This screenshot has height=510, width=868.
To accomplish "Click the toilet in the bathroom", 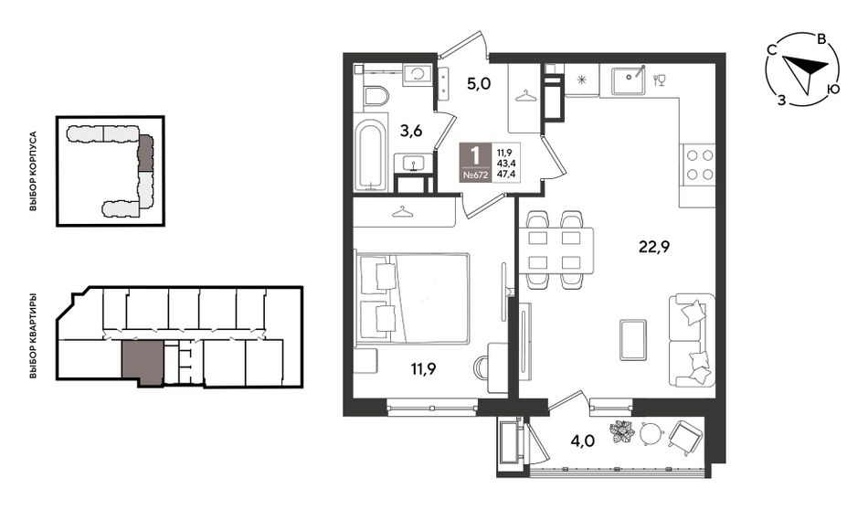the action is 376,98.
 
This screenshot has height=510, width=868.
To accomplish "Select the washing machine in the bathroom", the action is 418,74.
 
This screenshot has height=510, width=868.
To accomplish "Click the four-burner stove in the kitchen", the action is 700,165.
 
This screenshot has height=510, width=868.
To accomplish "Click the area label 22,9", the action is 654,247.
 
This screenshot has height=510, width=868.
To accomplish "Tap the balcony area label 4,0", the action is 582,441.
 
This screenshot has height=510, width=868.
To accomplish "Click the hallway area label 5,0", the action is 479,84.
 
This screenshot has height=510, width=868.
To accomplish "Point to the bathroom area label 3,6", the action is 411,132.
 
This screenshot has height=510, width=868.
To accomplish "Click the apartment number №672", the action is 475,175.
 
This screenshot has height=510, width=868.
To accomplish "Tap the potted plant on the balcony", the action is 622,432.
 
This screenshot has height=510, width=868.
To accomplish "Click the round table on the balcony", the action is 651,433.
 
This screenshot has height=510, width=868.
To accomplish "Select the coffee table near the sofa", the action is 633,339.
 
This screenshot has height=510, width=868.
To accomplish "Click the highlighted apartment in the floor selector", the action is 143,363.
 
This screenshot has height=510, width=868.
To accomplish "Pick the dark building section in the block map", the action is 145,154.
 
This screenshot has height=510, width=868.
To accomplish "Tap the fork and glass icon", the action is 660,80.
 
